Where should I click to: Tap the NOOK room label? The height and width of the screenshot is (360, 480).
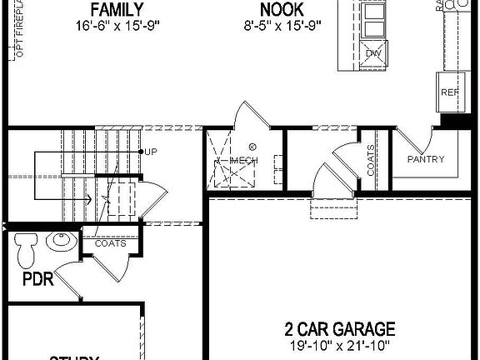(x=281, y=10)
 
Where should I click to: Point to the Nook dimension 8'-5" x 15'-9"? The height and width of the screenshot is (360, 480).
(x=281, y=26)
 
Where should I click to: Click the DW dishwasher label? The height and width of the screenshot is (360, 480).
(x=372, y=53)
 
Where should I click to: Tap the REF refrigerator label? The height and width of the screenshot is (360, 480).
(x=450, y=92)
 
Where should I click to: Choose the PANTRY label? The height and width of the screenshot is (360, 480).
(x=426, y=159)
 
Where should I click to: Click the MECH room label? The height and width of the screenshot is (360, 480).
(x=244, y=160)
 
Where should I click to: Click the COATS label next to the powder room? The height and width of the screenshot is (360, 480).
(x=110, y=244)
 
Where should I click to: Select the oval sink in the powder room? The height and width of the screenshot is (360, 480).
(x=60, y=242)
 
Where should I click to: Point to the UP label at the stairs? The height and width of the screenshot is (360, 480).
(x=151, y=152)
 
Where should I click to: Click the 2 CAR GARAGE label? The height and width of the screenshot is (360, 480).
(x=339, y=329)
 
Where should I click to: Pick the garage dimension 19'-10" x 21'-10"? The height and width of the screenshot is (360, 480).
(x=339, y=345)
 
